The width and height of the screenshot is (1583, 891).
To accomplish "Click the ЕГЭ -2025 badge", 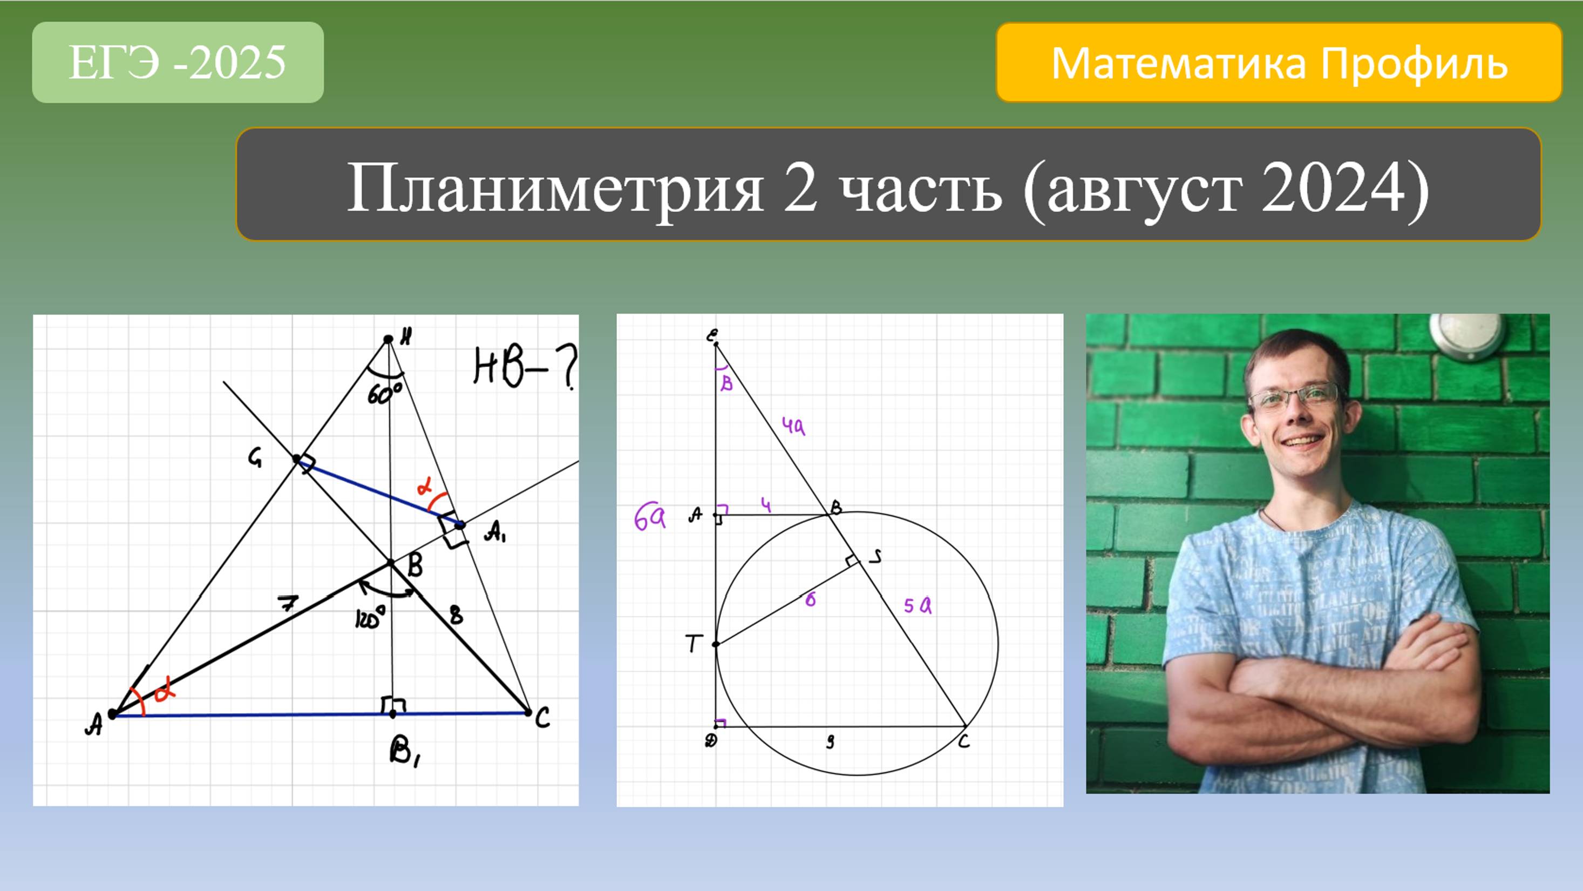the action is coord(178,62).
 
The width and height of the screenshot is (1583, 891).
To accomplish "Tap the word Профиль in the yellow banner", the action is coord(1414,63).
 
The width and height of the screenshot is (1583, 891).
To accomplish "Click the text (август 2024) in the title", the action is coord(1226,188).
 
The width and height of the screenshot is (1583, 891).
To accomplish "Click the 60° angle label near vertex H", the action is coord(385,394).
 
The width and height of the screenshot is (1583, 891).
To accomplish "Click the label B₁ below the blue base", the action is coord(405,751).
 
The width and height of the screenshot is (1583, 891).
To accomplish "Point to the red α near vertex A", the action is coord(164,692).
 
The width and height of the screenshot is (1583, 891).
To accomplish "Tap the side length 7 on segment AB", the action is coord(287,604).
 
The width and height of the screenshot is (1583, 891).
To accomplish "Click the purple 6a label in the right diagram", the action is coord(649,519).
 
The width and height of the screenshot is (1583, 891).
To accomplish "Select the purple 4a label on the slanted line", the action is coord(793,426).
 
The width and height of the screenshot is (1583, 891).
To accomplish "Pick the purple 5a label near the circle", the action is coord(918,606).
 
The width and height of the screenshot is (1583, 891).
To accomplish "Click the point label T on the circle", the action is coord(694,643).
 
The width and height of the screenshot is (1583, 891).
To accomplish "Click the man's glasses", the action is coord(1294,395).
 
